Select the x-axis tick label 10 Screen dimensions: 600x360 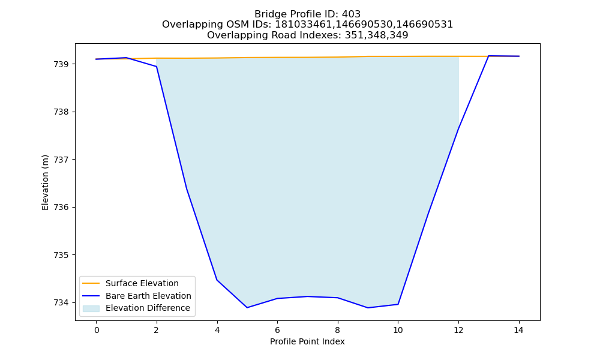tap(398, 330)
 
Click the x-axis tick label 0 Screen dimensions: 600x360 tap(97, 330)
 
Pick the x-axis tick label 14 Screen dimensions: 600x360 tap(518, 330)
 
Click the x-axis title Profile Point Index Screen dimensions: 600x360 tap(307, 341)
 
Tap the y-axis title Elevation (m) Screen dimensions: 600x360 tap(46, 182)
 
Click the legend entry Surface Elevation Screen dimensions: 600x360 tap(142, 283)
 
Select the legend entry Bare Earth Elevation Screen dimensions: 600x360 tap(148, 296)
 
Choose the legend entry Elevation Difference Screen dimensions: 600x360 tap(148, 308)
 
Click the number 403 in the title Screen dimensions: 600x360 tap(351, 14)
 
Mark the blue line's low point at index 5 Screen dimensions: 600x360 tap(247, 308)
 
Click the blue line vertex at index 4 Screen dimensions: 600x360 tap(217, 280)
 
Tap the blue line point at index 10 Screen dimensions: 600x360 tap(398, 304)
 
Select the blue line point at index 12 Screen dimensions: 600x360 tap(458, 128)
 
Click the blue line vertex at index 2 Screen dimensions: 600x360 tap(157, 67)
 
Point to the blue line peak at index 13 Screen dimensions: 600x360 tap(488, 56)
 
